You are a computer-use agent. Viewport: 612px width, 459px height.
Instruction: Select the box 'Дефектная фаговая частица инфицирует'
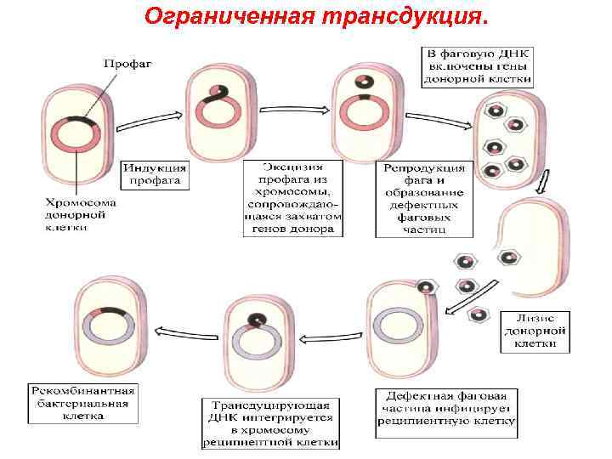(x=446, y=408)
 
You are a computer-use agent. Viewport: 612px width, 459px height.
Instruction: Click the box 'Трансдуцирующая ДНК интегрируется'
(x=269, y=422)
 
